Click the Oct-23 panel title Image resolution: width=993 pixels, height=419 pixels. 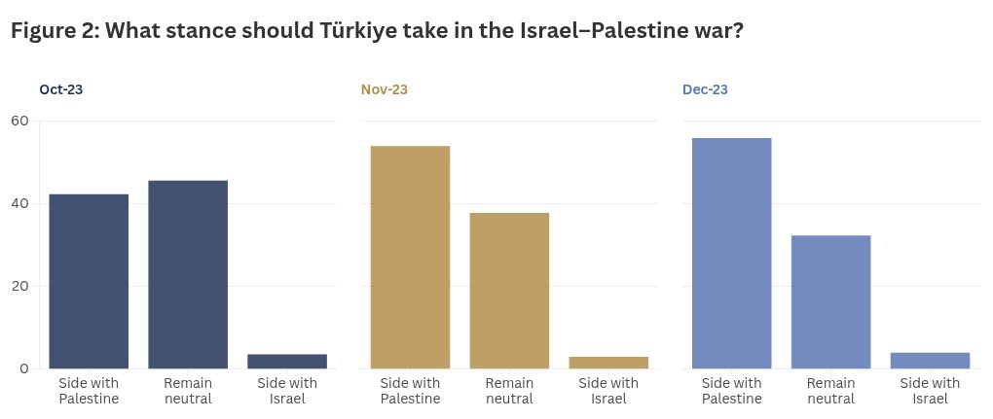click(x=60, y=89)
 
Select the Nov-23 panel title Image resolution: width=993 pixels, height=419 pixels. click(x=384, y=89)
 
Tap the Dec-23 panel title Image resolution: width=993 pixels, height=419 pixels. click(x=705, y=89)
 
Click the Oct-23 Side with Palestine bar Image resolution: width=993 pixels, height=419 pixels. click(x=89, y=281)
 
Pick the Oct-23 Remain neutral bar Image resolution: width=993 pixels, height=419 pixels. click(x=188, y=274)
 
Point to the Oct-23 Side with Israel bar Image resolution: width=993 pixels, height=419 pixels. click(x=287, y=362)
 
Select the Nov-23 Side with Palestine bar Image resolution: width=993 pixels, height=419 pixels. click(x=410, y=257)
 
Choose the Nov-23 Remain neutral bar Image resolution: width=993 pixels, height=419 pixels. click(x=509, y=291)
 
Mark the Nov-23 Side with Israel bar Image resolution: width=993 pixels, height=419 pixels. click(x=608, y=363)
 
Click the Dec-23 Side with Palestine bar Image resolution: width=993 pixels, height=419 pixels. click(x=731, y=253)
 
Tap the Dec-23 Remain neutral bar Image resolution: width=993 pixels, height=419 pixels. click(x=830, y=301)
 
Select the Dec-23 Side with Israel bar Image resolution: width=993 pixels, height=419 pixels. click(x=930, y=361)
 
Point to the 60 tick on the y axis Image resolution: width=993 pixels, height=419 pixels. click(x=20, y=121)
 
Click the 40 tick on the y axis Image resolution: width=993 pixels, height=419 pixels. click(x=20, y=203)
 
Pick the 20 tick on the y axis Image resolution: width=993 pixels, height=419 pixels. click(x=20, y=286)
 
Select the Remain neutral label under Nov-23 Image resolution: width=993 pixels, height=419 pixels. click(x=509, y=391)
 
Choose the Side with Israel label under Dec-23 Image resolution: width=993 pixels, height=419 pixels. click(x=930, y=391)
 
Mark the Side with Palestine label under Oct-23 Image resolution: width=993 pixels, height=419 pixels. click(x=89, y=391)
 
